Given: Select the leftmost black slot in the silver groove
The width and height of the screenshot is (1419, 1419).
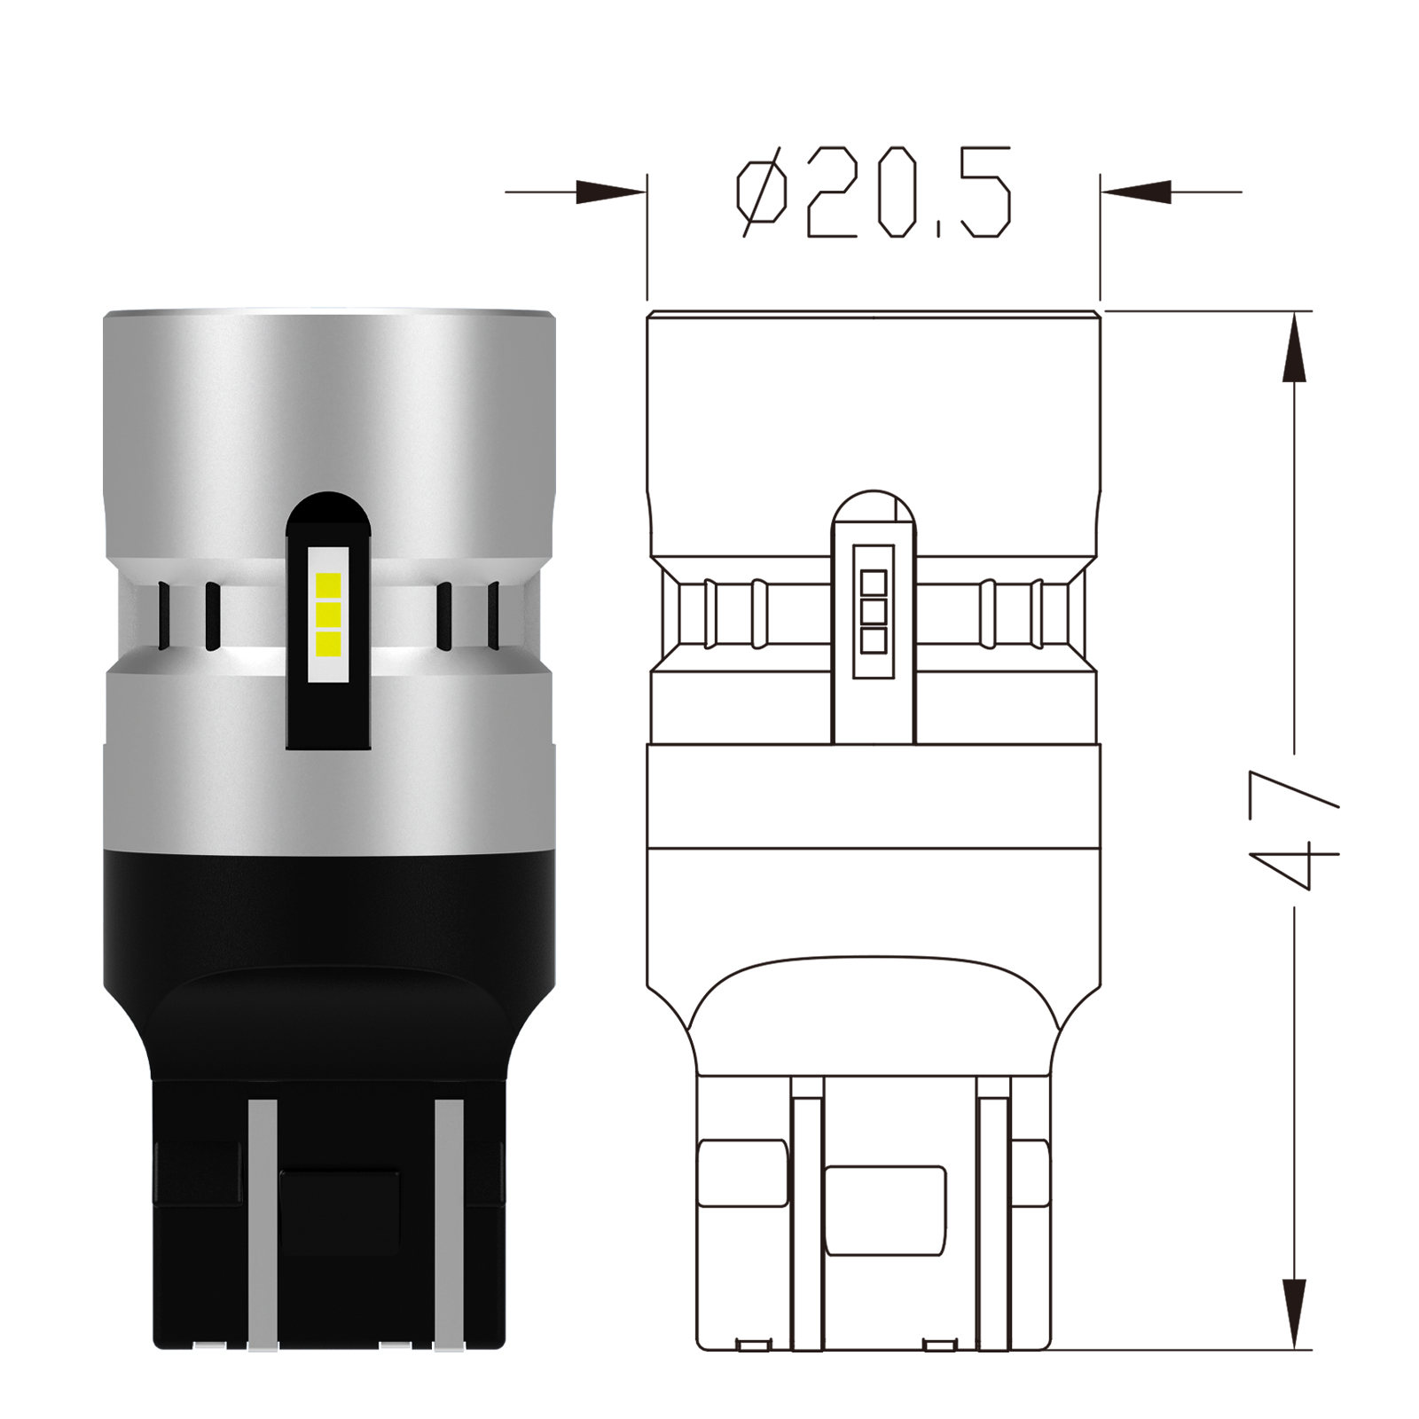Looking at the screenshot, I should point(164,614).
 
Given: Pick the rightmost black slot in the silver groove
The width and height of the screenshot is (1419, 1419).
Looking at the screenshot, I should point(493,614).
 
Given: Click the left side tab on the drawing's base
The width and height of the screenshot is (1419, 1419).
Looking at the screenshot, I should point(741,1173).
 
